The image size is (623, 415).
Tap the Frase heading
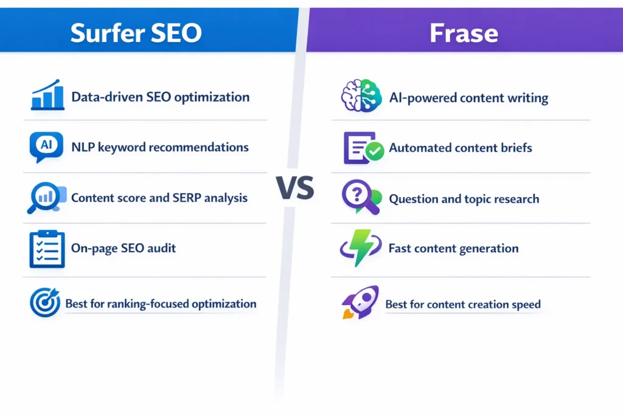click(x=464, y=33)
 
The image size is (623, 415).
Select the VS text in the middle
click(x=296, y=189)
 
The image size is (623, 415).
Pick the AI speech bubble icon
click(x=46, y=146)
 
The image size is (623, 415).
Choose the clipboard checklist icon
click(x=47, y=249)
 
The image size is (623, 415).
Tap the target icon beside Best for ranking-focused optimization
click(x=45, y=303)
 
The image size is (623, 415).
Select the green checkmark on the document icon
click(x=375, y=151)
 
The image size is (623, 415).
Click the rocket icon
click(x=360, y=302)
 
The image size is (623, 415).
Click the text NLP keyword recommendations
click(x=160, y=148)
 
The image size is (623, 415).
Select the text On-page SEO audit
click(x=124, y=249)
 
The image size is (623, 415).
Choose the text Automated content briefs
click(x=461, y=148)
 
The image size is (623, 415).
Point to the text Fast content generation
click(x=453, y=249)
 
